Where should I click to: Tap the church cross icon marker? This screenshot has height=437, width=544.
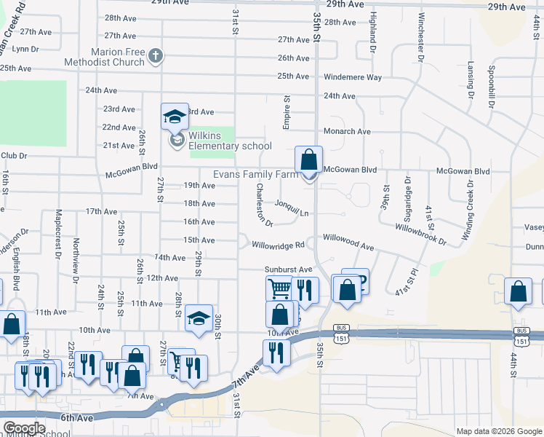[x=155, y=57]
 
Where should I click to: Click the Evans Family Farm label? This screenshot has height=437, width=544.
[x=255, y=175]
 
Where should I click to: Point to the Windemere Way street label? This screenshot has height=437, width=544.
[x=353, y=76]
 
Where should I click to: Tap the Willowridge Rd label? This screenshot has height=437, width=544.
[x=276, y=245]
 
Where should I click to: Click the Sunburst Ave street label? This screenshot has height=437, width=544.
[x=288, y=269]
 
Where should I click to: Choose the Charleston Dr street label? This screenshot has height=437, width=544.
[x=263, y=204]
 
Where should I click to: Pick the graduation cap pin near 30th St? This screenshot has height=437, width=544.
[x=199, y=318]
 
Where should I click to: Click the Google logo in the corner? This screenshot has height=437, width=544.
[x=24, y=428]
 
